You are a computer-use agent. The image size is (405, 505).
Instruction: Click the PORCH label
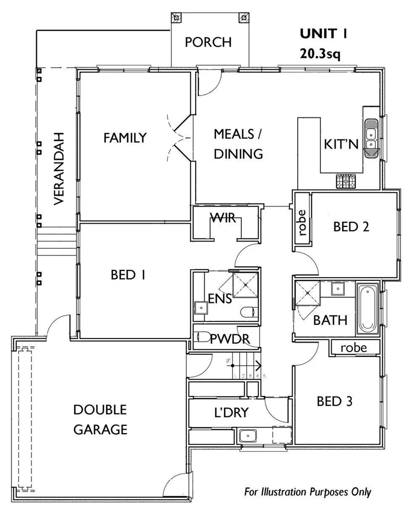click(x=208, y=42)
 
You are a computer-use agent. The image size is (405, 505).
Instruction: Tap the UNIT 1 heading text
click(x=323, y=34)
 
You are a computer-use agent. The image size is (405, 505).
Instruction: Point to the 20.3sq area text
click(x=320, y=53)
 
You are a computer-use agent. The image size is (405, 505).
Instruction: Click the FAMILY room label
click(x=125, y=138)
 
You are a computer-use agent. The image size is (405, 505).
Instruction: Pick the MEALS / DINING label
click(x=238, y=144)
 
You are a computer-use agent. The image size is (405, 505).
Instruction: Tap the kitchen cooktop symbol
click(x=345, y=181)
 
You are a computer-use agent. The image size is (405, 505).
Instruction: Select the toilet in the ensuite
click(x=248, y=313)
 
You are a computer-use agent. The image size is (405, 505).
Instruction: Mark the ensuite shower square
click(x=245, y=286)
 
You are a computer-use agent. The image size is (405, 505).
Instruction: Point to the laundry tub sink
click(x=246, y=435)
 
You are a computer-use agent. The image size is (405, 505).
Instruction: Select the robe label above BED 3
click(x=353, y=347)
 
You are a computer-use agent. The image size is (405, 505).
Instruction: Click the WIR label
click(x=223, y=218)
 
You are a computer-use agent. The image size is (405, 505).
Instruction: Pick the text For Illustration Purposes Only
click(x=308, y=492)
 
